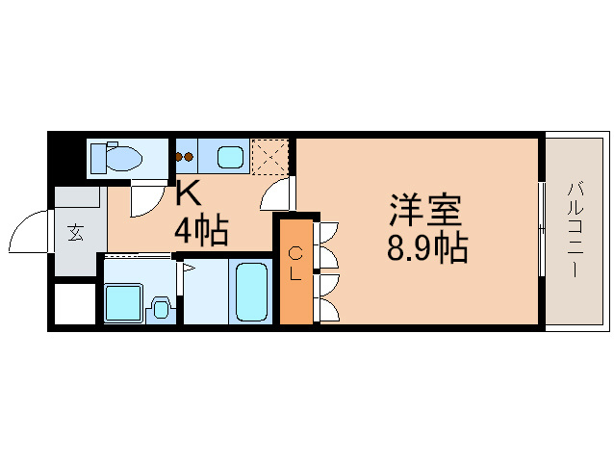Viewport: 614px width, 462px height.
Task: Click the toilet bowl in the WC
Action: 122,157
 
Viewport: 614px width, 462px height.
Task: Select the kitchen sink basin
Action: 230,156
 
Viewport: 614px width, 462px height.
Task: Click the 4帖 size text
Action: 200,231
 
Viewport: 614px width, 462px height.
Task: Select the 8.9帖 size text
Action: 427,250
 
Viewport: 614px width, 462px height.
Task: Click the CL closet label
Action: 296,263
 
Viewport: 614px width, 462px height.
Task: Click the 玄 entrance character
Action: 75,231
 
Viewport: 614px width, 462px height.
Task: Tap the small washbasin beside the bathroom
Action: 162,308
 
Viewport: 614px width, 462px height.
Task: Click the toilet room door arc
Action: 144,199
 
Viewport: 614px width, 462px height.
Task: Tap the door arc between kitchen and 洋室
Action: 276,195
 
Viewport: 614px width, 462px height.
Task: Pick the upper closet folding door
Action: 327,245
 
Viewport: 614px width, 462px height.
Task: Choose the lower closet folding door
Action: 327,298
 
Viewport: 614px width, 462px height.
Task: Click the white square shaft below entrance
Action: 73,305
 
